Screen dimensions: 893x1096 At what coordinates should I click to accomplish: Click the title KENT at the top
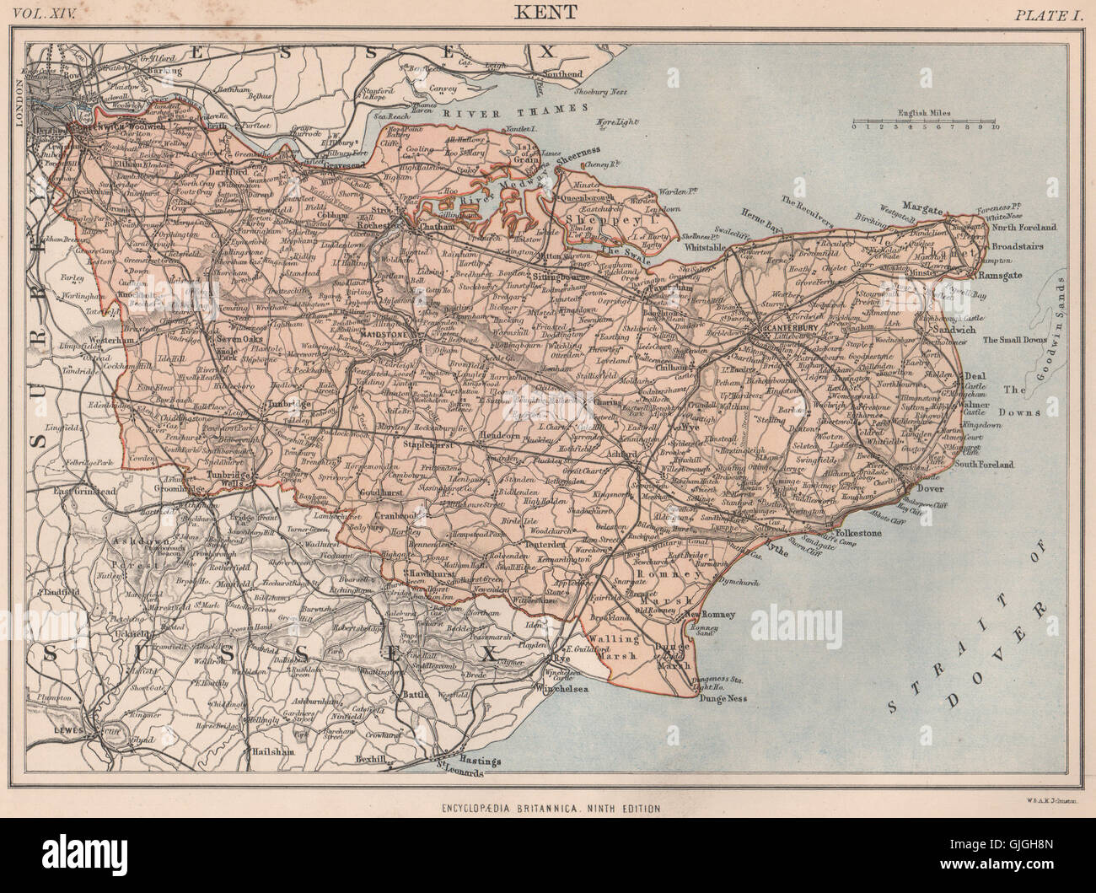tap(548, 13)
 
